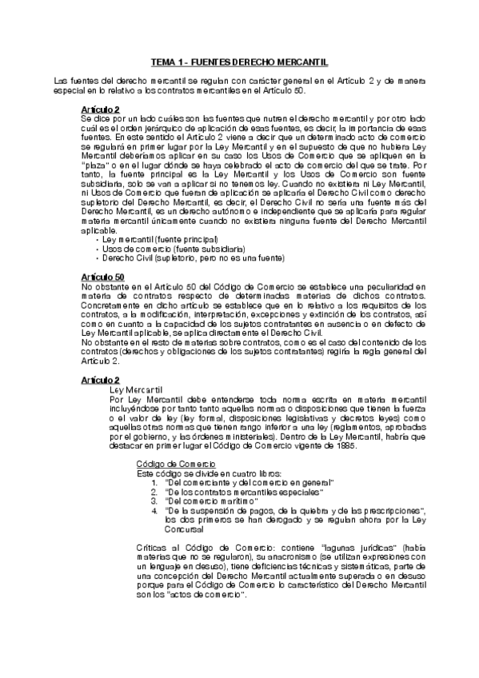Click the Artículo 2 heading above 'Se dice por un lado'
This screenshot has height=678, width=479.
[x=101, y=108]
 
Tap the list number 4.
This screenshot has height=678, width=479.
[x=154, y=509]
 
